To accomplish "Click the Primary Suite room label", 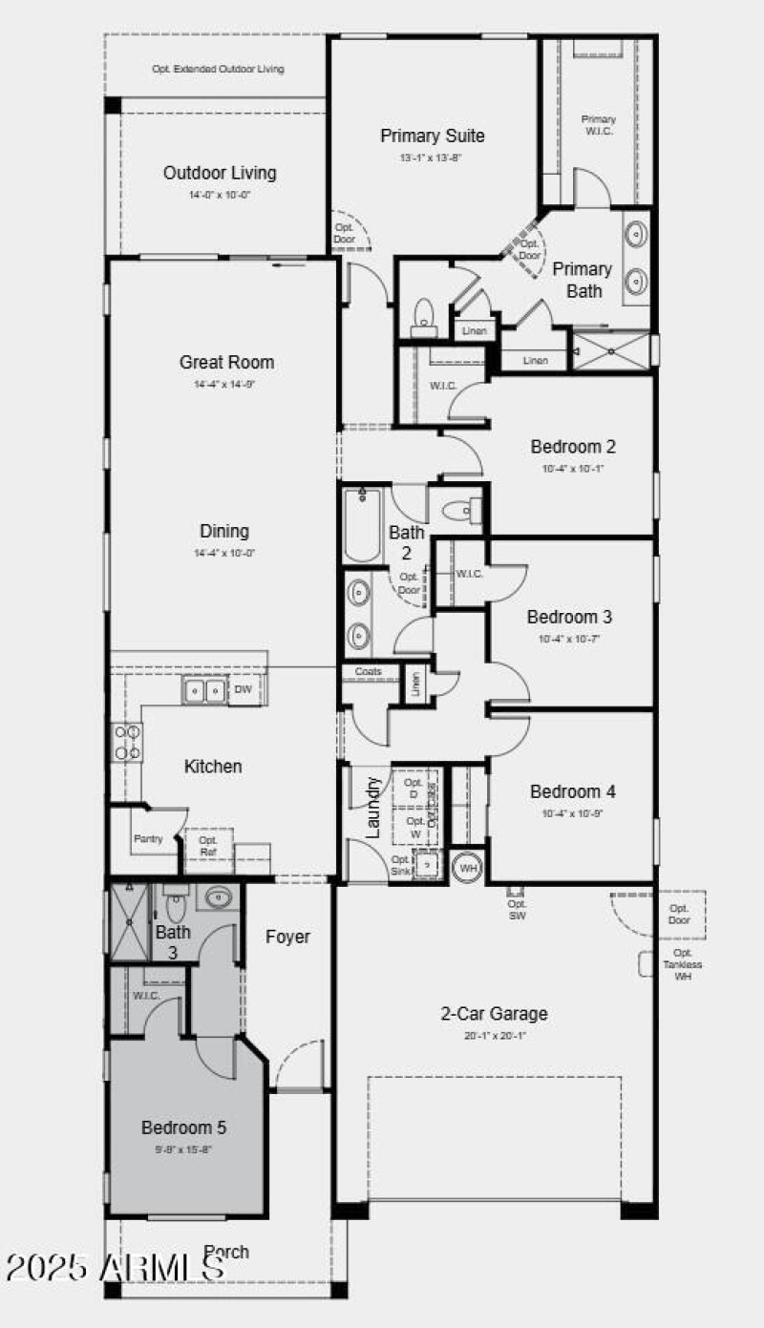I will tap(432, 136).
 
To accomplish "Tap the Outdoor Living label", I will tap(220, 173).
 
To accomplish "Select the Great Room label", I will tap(226, 362).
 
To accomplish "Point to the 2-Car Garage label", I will tap(494, 1014).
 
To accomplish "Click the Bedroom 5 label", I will tap(184, 1127).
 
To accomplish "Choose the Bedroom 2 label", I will tap(573, 446).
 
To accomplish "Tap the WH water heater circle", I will tap(468, 868).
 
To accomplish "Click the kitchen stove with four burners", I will tap(129, 742).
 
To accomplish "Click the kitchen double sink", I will tap(204, 690).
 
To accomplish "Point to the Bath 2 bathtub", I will tap(363, 525).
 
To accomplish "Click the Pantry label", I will tap(147, 839).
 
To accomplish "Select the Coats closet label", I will tap(368, 672).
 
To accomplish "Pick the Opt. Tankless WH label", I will tap(682, 964).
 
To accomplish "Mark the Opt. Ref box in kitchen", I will tap(208, 846).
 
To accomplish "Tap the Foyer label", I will tap(287, 937).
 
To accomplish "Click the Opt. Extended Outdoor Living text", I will tap(218, 69).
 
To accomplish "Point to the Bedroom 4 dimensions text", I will tap(573, 813).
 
